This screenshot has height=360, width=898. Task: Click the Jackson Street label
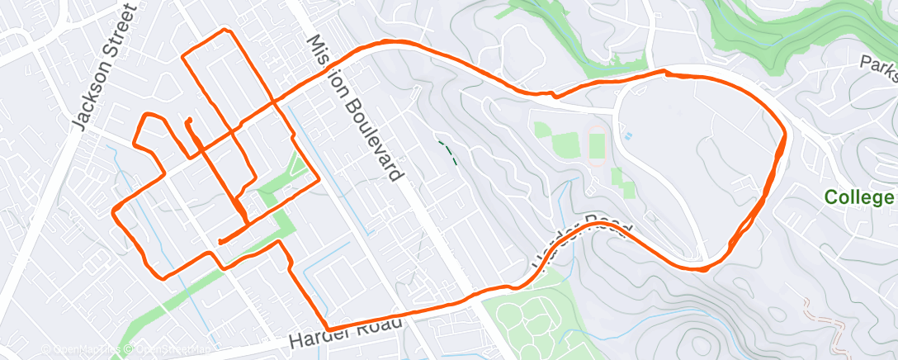coord(104,66)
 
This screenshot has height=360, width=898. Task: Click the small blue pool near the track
coord(628,135)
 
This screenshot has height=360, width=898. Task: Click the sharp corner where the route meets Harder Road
coord(328,328)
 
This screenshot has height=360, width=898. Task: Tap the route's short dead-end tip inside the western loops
coord(189,121)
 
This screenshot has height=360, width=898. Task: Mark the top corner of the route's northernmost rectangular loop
coord(227,31)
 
